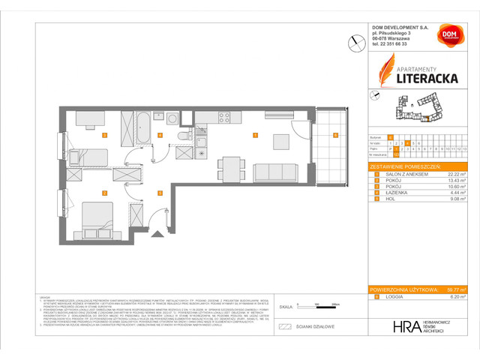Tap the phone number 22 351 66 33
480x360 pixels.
(393, 44)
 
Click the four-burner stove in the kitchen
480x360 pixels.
(223, 116)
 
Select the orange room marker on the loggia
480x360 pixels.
(335, 136)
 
